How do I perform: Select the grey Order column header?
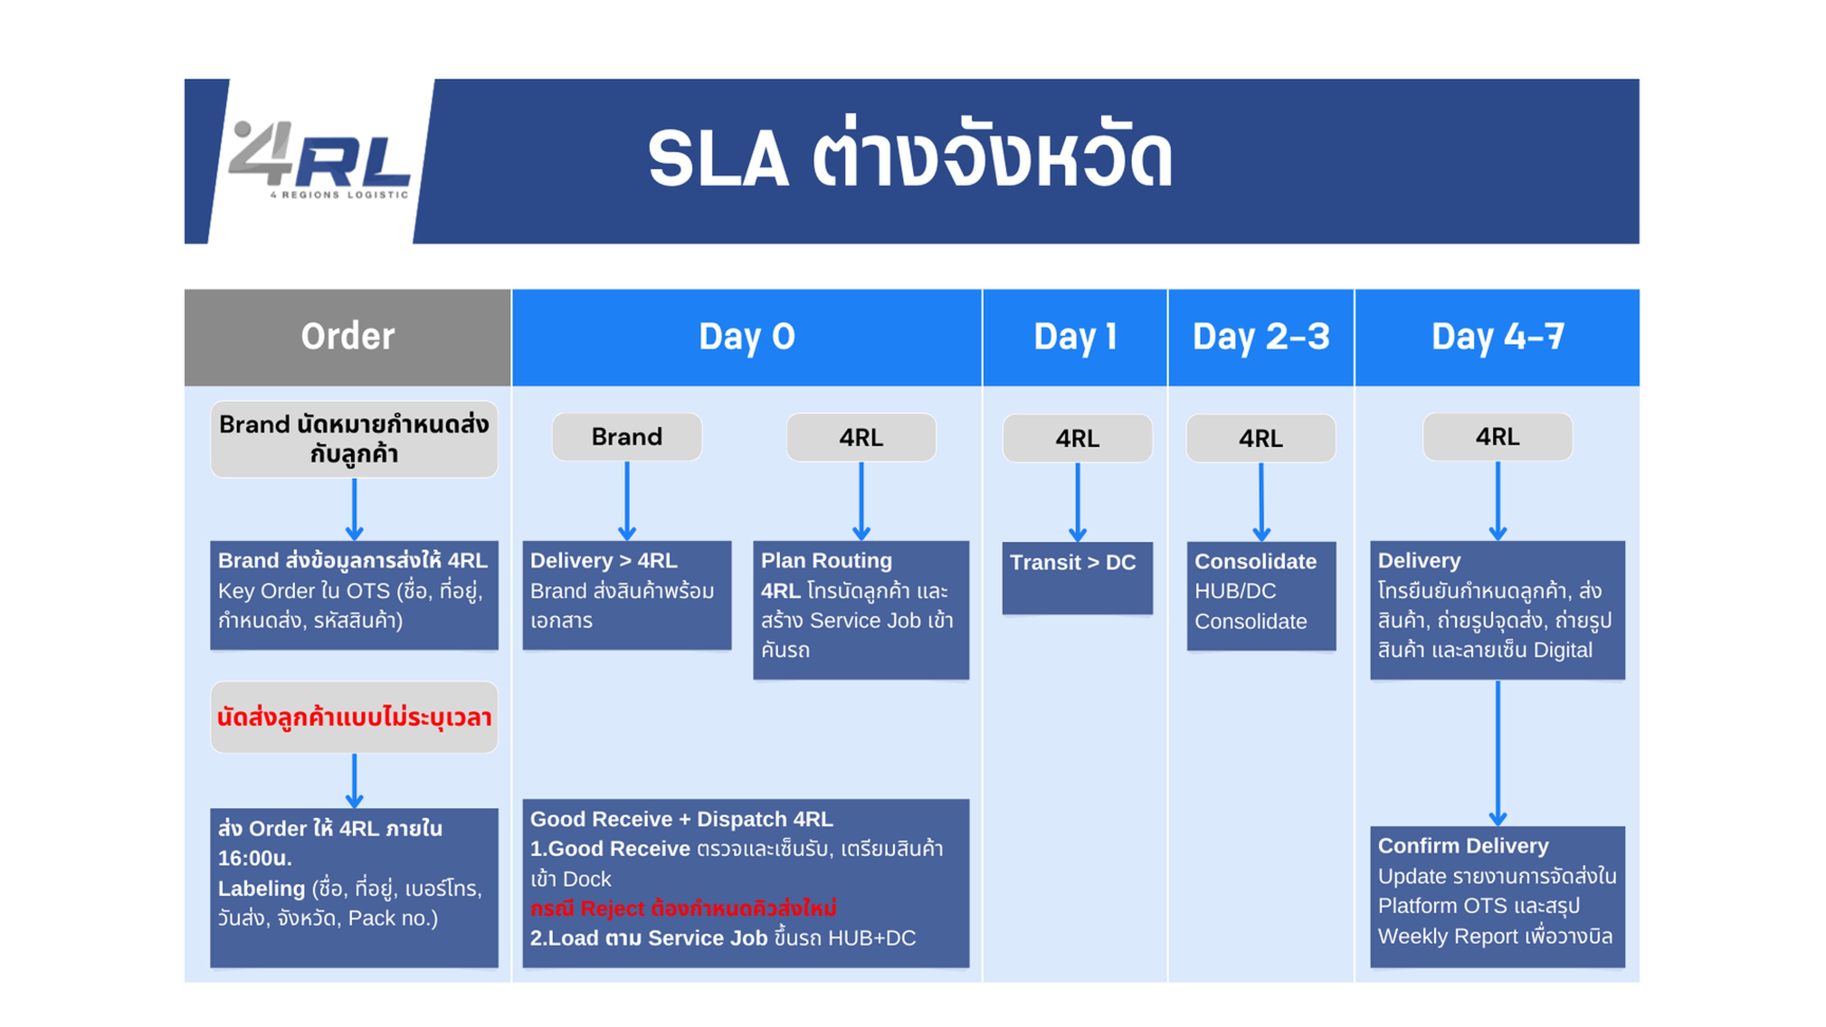347,337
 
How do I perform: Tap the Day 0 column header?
746,337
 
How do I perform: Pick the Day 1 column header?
1075,337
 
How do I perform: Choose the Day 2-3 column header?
1260,337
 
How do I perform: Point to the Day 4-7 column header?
1497,337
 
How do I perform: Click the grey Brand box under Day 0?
627,437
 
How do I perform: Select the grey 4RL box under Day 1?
1077,438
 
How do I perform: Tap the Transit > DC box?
1077,577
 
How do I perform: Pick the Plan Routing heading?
826,561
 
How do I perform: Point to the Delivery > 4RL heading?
603,561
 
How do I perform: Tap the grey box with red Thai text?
354,717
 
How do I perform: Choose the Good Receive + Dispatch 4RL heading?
681,819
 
